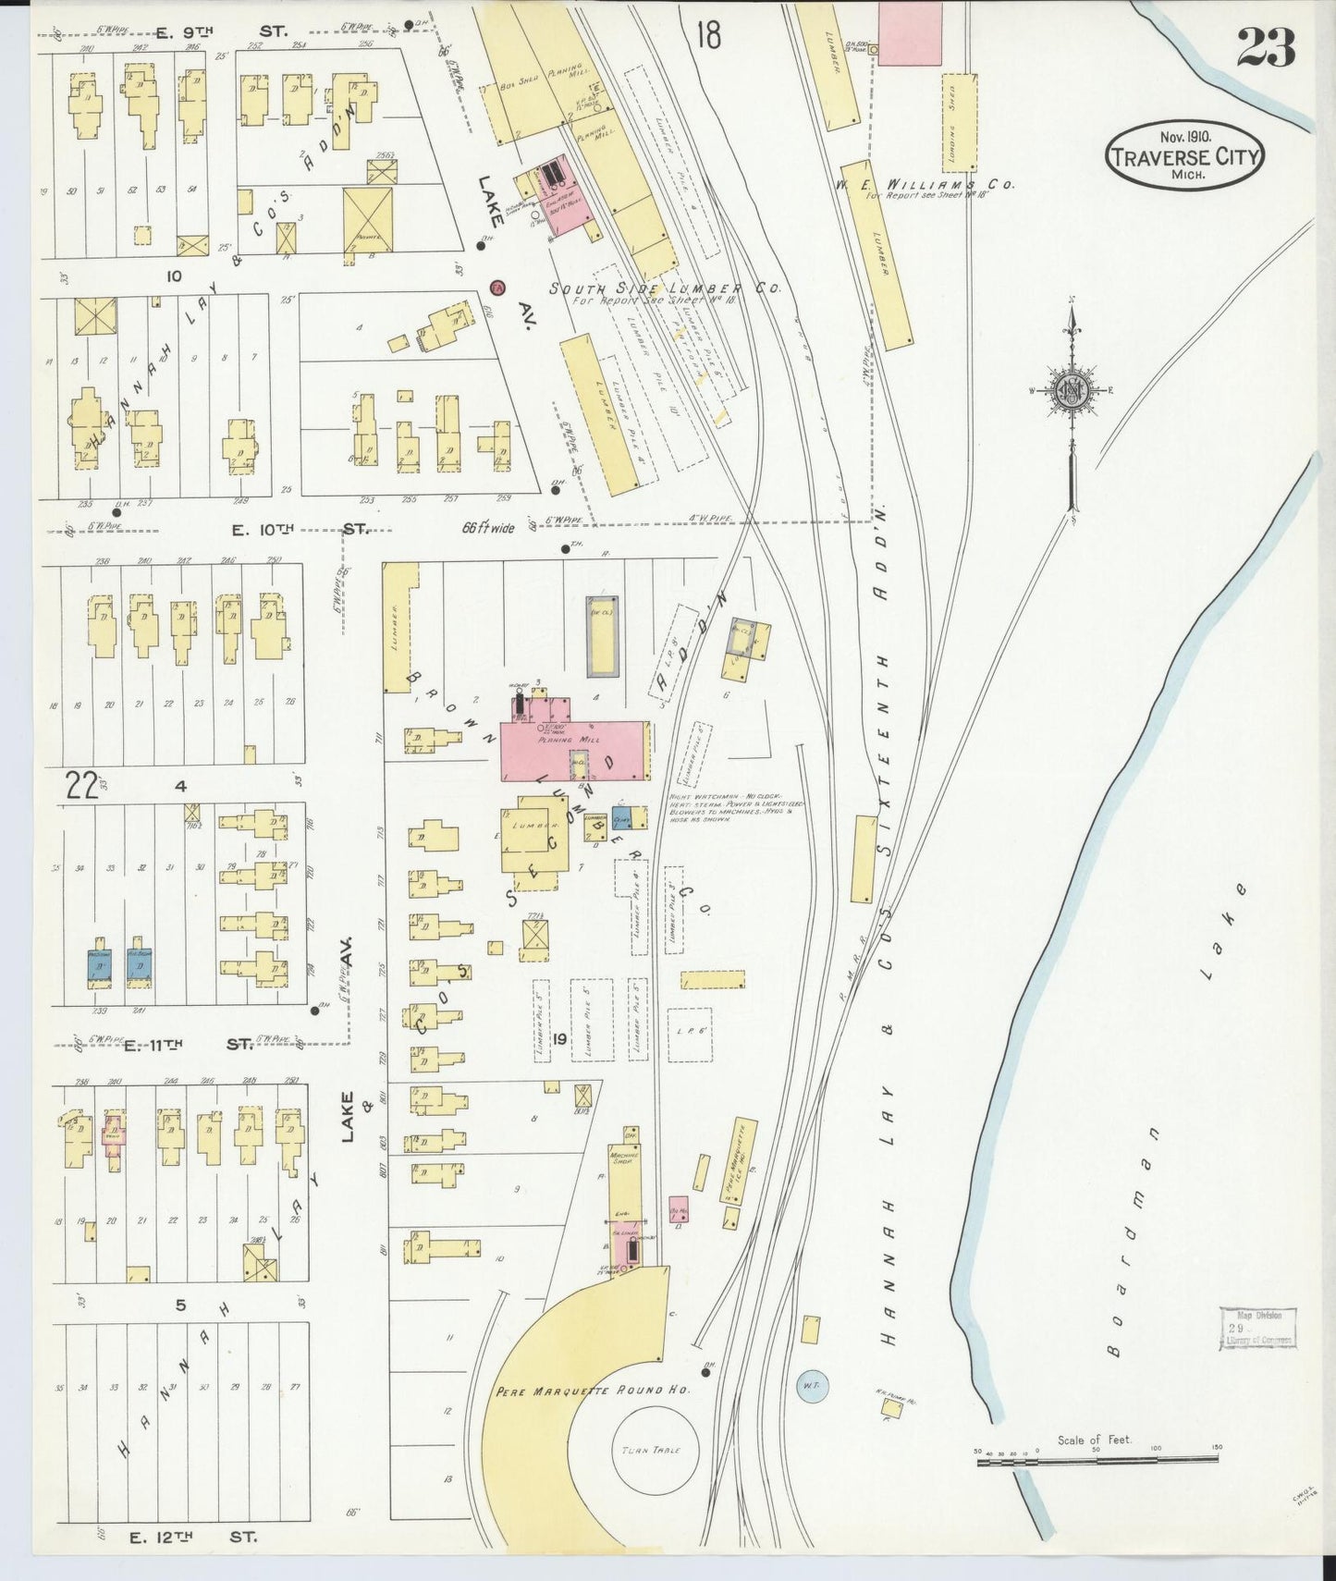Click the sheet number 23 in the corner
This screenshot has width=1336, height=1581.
[1266, 47]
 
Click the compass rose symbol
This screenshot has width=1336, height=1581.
[1072, 389]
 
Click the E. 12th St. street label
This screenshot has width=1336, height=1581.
[192, 1538]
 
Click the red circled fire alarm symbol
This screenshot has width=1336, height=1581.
[497, 287]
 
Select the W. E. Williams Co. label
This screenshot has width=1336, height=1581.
[923, 185]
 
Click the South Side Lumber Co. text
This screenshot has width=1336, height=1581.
[664, 288]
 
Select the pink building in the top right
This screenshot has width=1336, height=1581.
[908, 32]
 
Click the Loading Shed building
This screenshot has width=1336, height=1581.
[959, 123]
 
